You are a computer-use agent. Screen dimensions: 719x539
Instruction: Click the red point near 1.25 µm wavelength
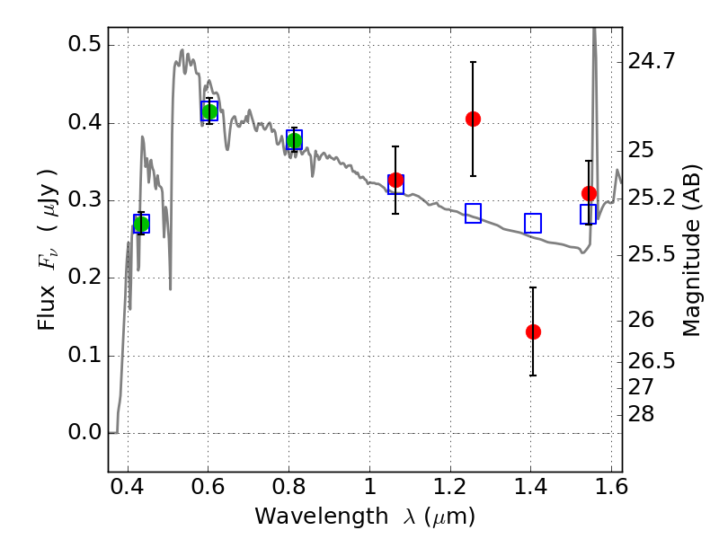473,119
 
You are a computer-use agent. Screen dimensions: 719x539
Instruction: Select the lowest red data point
533,331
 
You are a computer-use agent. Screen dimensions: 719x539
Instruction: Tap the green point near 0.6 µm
209,111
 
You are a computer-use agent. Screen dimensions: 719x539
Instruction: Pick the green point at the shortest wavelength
141,224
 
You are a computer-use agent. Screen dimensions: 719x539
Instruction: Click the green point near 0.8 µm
295,141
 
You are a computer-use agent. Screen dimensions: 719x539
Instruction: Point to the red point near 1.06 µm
395,181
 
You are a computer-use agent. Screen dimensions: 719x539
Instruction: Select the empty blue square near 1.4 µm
533,223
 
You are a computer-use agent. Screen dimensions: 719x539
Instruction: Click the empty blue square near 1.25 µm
473,213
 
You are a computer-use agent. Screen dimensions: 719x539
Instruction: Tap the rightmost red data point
589,193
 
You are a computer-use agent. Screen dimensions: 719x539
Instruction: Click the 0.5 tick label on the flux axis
84,44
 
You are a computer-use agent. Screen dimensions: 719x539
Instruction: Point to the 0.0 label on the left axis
84,432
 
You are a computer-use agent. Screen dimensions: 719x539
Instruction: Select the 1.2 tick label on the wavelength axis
450,487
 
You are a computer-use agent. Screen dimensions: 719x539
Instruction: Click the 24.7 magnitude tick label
652,60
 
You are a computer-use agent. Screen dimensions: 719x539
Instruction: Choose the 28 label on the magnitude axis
641,414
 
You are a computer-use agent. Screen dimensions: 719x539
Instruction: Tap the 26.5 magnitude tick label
652,361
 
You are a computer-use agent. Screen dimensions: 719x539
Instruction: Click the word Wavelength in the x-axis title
322,517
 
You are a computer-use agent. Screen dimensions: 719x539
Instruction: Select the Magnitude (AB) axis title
691,250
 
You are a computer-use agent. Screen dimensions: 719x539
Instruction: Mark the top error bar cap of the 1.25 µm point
473,62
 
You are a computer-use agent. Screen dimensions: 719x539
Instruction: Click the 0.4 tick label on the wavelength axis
127,487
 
